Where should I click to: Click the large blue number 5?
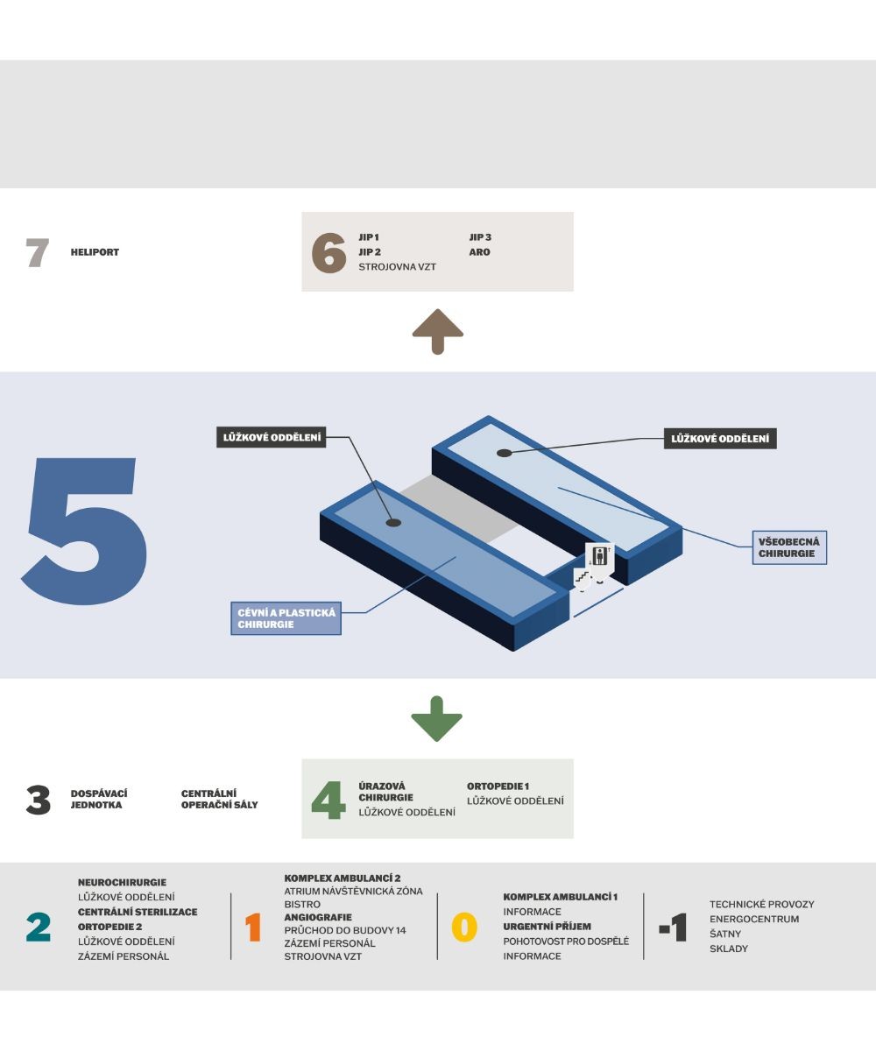(85, 531)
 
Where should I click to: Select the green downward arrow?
(437, 718)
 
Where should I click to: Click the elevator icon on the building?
(600, 557)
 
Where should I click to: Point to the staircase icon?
(581, 577)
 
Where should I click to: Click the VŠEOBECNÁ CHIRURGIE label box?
(788, 548)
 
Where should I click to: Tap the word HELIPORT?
(95, 252)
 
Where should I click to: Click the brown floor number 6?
(329, 253)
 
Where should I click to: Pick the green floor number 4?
(328, 801)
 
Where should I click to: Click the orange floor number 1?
(253, 927)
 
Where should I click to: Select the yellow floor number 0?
(464, 927)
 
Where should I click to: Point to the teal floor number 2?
(39, 927)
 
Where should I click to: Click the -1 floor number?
(673, 927)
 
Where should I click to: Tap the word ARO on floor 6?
(480, 252)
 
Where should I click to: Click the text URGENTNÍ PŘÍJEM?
(547, 926)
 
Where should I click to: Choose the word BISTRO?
(302, 904)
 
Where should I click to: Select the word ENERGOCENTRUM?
(754, 919)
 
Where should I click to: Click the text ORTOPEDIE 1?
(498, 786)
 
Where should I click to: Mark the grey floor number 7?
(38, 253)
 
